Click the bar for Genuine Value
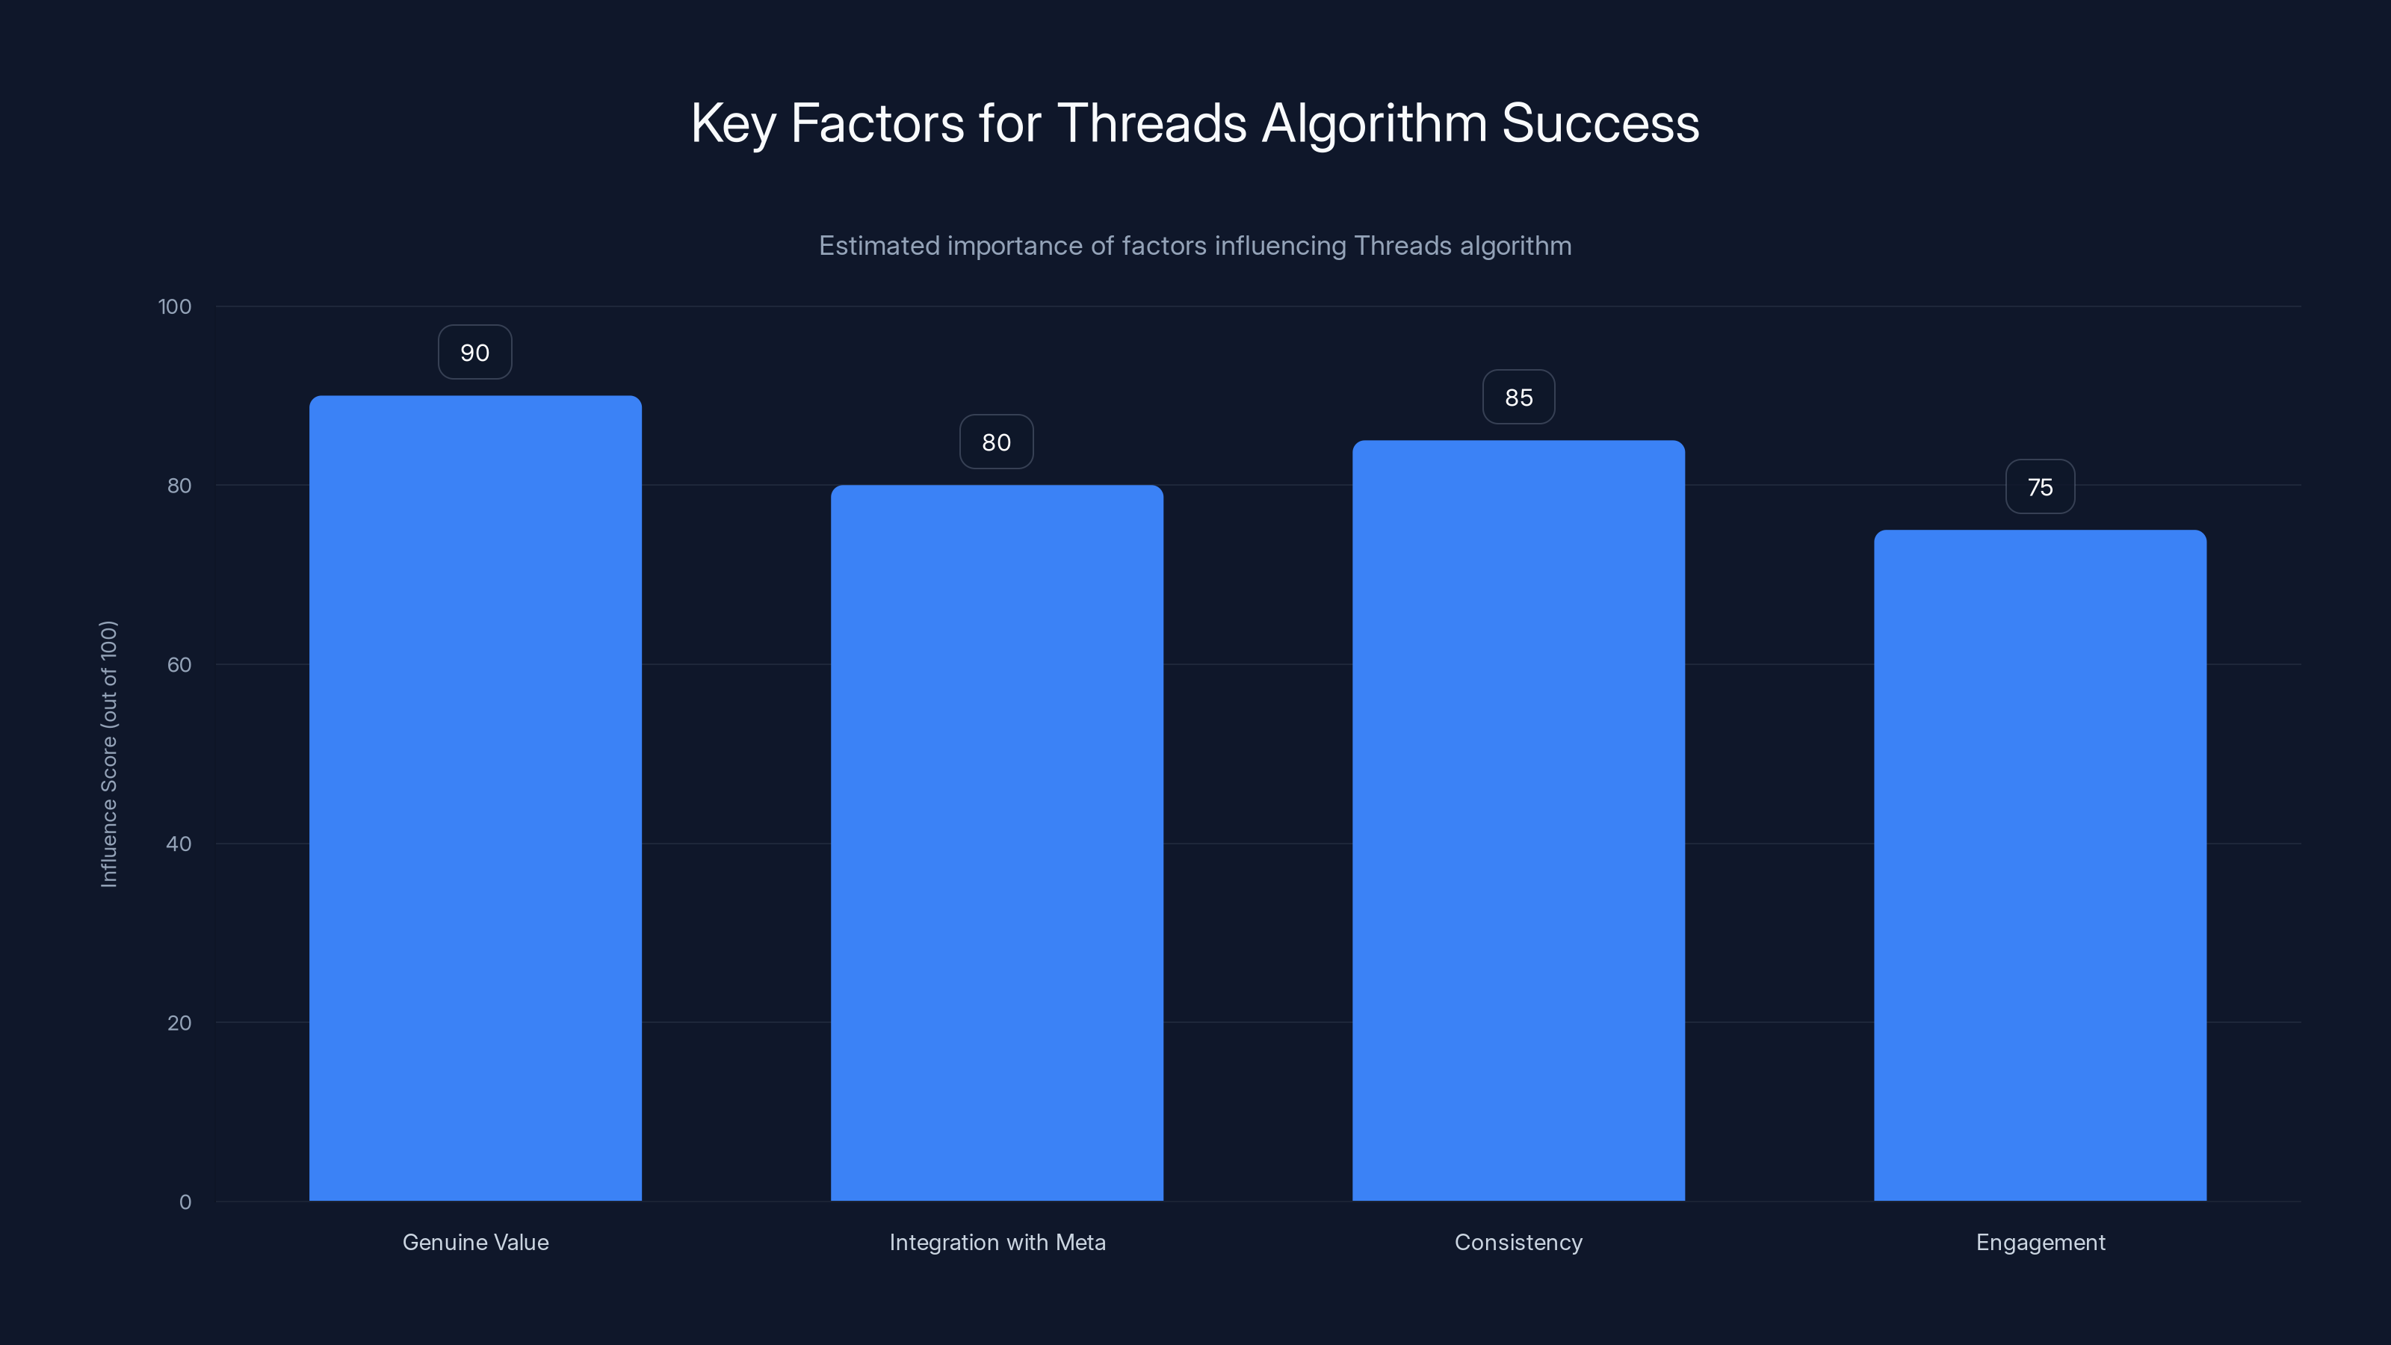coord(475,798)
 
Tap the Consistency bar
coord(1518,820)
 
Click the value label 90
coord(475,353)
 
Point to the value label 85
coord(1518,398)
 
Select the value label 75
coord(2040,487)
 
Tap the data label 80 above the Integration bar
coord(997,443)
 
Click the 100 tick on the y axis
coord(175,306)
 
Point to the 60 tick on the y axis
coord(179,664)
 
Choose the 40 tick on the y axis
coord(179,844)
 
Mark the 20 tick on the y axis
coord(179,1023)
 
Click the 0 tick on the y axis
coord(185,1202)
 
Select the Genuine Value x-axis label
coord(475,1242)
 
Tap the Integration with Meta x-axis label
coord(997,1242)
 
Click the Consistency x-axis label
coord(1518,1242)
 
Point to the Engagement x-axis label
coord(2040,1242)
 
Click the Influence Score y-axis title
coord(108,754)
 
